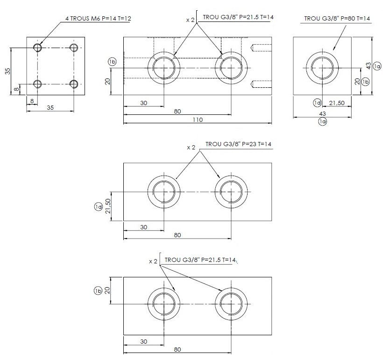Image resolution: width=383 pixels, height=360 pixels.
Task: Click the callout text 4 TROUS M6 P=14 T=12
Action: click(x=98, y=18)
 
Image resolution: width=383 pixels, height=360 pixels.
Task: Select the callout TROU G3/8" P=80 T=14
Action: click(x=337, y=18)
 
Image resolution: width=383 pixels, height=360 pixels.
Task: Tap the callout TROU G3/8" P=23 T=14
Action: click(x=238, y=144)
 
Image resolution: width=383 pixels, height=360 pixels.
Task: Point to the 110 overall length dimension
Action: click(x=198, y=120)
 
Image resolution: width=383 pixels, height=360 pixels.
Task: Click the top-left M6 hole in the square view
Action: click(x=38, y=48)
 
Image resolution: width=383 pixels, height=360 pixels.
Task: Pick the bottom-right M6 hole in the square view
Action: click(x=73, y=84)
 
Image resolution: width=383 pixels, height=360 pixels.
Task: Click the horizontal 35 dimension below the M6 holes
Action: click(x=50, y=107)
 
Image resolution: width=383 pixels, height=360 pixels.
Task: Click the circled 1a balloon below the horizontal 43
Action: click(x=322, y=122)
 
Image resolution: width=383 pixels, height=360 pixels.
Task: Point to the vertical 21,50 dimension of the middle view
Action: click(x=108, y=205)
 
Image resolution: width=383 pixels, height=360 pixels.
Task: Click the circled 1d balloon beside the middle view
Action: click(x=98, y=206)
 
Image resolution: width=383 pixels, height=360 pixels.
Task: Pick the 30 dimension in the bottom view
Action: click(x=144, y=341)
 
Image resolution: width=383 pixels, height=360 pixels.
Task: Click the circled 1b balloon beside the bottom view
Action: click(x=98, y=290)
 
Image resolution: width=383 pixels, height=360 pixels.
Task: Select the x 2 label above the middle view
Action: click(x=191, y=147)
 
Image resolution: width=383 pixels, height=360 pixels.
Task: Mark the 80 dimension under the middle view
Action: click(x=177, y=235)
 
